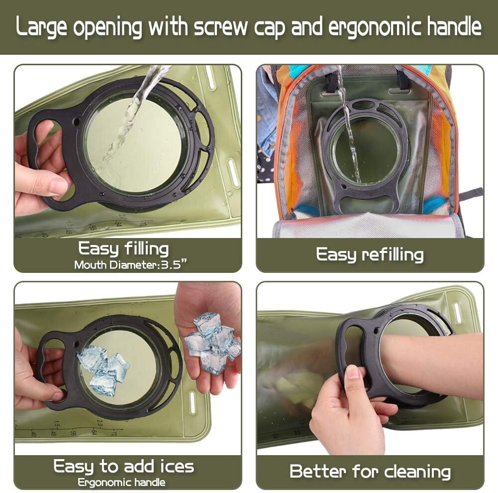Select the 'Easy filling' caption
pos(123,249)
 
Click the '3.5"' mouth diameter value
pos(174,265)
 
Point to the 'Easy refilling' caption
pos(370,255)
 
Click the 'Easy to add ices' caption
pos(123,467)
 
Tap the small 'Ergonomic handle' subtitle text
pos(122,483)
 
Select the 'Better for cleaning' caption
pos(370,472)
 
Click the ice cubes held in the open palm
pos(212,342)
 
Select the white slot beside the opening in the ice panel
pos(192,403)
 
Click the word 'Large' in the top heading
pos(41,27)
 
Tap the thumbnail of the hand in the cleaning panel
pos(352,372)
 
